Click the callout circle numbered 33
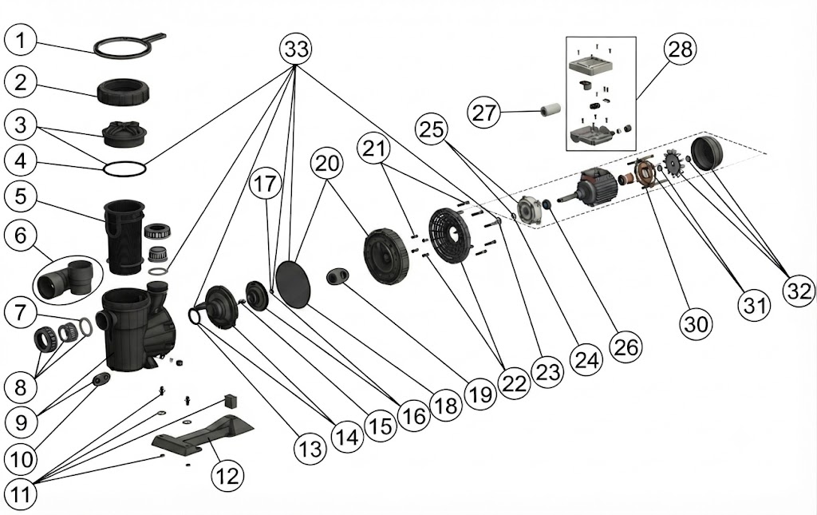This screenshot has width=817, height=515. [295, 50]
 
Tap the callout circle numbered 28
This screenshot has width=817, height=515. [680, 50]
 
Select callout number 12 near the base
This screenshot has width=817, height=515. [227, 475]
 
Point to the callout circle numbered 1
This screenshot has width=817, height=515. [20, 40]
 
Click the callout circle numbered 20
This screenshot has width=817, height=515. [326, 164]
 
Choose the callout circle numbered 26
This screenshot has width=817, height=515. [626, 347]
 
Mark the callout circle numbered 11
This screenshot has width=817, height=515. [21, 495]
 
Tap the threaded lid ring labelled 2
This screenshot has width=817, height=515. [124, 92]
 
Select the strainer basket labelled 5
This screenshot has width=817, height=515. [124, 237]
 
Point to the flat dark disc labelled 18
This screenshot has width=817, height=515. [292, 284]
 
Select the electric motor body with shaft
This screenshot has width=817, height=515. [588, 188]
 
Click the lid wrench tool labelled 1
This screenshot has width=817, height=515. [130, 46]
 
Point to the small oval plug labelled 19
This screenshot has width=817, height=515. [337, 276]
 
